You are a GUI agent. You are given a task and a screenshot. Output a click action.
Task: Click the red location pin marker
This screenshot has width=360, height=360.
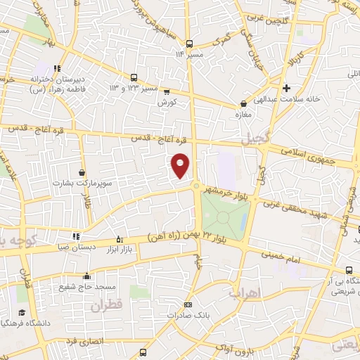click(181, 165)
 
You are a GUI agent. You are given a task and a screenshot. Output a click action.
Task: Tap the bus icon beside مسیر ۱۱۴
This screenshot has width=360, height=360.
click(188, 41)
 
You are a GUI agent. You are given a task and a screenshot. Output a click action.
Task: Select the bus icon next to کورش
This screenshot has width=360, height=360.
click(166, 91)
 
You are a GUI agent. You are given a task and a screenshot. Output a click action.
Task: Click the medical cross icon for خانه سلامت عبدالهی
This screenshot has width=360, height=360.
click(286, 88)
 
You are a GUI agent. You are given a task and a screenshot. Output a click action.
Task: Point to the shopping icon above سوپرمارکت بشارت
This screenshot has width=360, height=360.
click(83, 172)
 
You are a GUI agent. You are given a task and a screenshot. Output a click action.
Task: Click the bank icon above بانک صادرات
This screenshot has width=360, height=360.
click(187, 304)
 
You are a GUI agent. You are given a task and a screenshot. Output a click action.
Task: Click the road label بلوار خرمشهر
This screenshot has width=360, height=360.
click(224, 191)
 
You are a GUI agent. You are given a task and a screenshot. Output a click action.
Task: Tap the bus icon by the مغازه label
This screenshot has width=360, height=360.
click(243, 103)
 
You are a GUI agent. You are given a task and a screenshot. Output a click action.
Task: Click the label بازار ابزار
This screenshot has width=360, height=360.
click(120, 250)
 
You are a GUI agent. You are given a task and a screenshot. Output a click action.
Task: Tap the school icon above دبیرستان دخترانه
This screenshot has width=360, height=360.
click(58, 69)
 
